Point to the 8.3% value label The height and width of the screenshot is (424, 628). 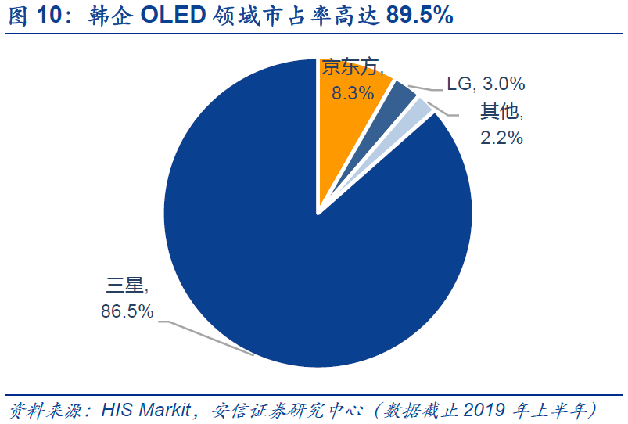(x=353, y=93)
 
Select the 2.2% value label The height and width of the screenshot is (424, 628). (x=501, y=138)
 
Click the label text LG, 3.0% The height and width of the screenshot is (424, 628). (x=486, y=84)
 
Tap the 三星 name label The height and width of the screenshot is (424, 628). (x=127, y=285)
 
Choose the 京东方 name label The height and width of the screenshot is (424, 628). (x=353, y=68)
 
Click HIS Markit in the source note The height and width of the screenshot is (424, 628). (x=145, y=409)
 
